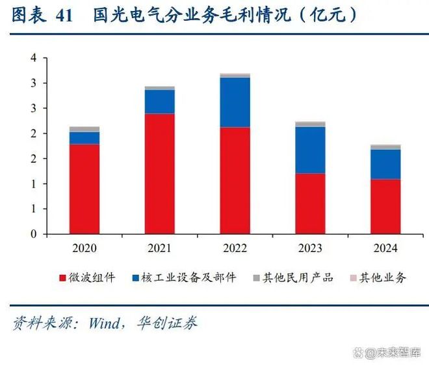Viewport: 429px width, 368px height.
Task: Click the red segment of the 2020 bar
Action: tap(84, 189)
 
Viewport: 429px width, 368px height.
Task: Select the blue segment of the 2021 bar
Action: tap(159, 102)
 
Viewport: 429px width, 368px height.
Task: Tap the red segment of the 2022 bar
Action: tap(235, 180)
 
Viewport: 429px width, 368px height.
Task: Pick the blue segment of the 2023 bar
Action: tap(310, 150)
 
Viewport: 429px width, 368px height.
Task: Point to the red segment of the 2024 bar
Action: tap(385, 206)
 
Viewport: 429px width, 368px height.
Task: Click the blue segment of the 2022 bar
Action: tap(235, 102)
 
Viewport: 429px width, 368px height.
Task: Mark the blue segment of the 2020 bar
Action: tap(84, 137)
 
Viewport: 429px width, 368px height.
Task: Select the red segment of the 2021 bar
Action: tap(159, 174)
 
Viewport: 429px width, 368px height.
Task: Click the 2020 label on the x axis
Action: tap(84, 248)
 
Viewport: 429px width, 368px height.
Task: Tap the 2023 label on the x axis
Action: tap(310, 248)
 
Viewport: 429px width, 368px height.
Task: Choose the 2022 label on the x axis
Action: tap(235, 248)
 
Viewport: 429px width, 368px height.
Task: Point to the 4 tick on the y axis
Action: tap(33, 59)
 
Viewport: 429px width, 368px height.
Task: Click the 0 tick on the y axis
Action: tap(33, 234)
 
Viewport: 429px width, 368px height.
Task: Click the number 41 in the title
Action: tap(64, 16)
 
